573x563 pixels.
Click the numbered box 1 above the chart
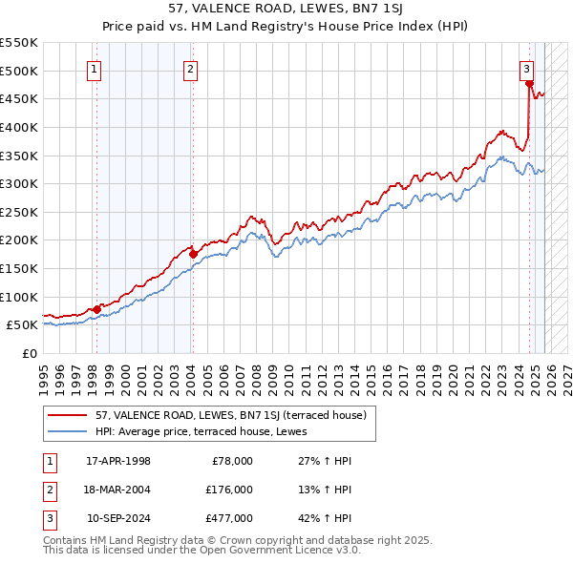pos(95,69)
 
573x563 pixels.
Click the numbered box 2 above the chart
pos(191,69)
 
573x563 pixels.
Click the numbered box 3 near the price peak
pos(526,69)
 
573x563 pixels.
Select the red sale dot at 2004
pos(193,254)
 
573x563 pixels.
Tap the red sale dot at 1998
pos(96,309)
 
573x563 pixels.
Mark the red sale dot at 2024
pos(529,84)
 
